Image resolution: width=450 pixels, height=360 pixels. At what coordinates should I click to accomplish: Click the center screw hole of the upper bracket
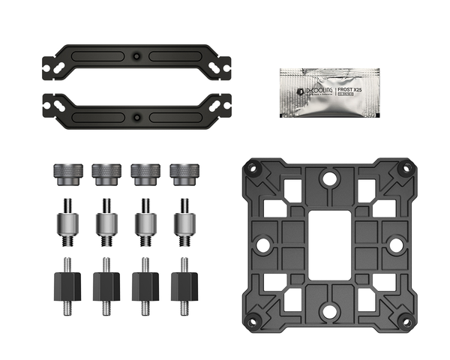pos(135,56)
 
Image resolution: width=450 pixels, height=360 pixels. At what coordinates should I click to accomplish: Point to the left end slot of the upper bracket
pos(54,66)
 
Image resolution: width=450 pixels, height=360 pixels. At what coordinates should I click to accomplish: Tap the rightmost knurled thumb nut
pos(183,173)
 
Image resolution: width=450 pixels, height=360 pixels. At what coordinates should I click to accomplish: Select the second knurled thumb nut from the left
pos(105,173)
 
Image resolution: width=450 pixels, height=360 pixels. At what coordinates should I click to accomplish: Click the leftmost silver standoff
pos(66,222)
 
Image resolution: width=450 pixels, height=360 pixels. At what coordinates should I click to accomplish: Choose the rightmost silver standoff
pos(184,222)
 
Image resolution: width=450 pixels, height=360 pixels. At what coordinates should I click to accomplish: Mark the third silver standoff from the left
pos(145,222)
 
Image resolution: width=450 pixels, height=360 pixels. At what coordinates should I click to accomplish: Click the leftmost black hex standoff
pos(66,284)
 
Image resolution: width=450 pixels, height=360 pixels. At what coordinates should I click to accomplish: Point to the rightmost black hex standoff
pos(184,284)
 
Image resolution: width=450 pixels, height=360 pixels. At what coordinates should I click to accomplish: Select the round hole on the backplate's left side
pos(263,244)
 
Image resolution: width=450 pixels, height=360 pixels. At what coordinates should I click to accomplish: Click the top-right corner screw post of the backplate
pos(404,169)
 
